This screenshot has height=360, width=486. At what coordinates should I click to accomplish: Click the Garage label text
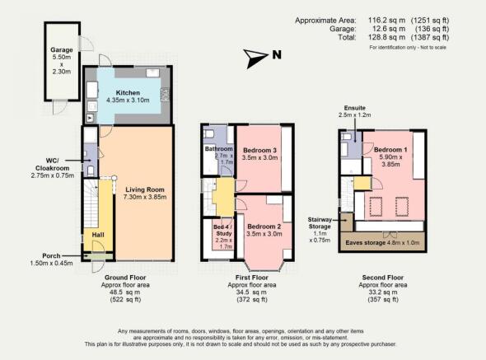(61, 50)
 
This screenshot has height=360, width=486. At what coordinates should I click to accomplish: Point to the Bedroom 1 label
(391, 151)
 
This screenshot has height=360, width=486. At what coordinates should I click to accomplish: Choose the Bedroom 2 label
(264, 226)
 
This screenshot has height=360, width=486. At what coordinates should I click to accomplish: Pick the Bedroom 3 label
(259, 150)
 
